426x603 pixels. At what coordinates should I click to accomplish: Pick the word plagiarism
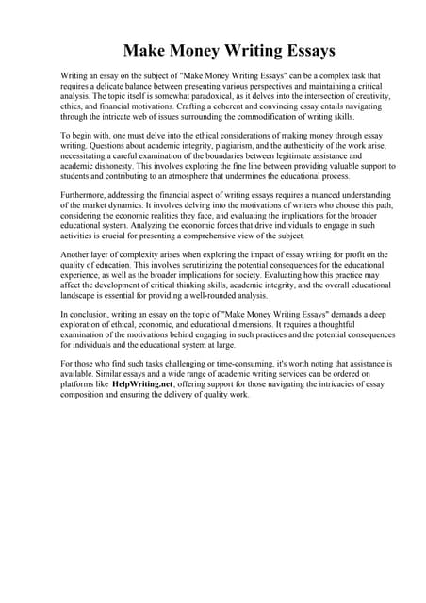pyautogui.click(x=237, y=148)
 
